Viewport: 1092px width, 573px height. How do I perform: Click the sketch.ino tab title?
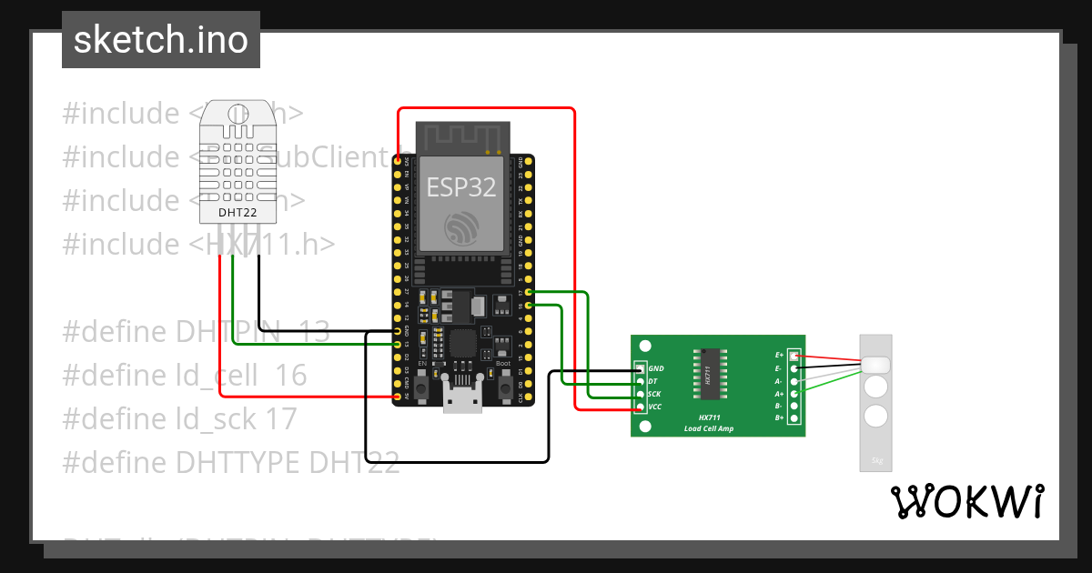pos(161,40)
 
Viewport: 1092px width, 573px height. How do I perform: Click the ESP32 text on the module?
pos(462,186)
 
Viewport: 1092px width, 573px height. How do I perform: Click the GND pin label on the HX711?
pos(656,368)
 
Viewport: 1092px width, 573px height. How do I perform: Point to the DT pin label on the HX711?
pos(653,381)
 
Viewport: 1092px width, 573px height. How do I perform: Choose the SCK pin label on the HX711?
pos(655,394)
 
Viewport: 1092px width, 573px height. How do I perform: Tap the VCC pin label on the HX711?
pos(655,407)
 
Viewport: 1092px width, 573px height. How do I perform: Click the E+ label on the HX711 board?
pos(779,355)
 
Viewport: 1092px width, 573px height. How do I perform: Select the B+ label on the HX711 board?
pos(779,417)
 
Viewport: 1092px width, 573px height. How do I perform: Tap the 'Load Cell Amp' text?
pos(709,427)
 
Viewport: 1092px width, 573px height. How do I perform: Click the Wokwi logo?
pos(967,501)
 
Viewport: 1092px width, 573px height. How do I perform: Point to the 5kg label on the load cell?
pos(876,460)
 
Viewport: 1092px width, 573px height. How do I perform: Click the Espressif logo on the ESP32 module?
pos(462,227)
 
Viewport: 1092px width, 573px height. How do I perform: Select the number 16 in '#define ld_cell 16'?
pos(291,376)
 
